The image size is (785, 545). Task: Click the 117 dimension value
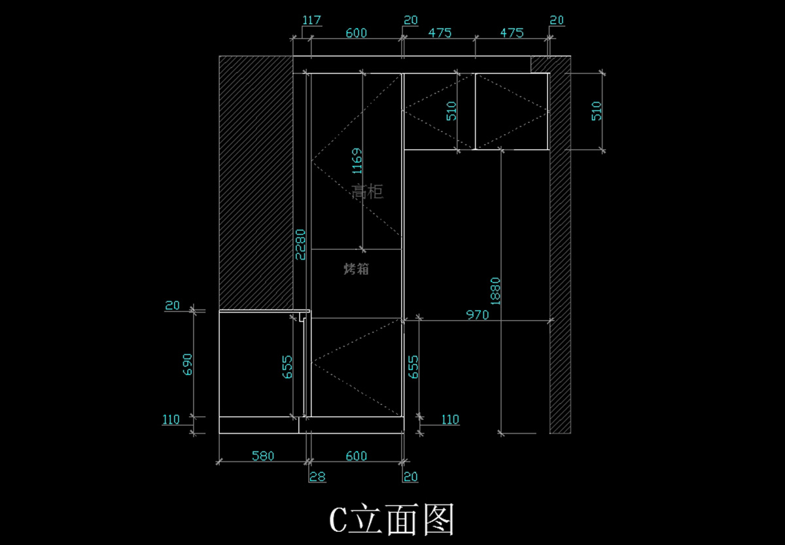pyautogui.click(x=312, y=20)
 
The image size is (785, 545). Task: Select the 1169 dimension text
pyautogui.click(x=357, y=161)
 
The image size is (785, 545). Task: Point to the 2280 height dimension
pyautogui.click(x=300, y=244)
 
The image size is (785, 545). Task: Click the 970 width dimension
pyautogui.click(x=478, y=315)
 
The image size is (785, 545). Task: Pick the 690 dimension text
pyautogui.click(x=188, y=364)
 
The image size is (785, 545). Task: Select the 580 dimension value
pyautogui.click(x=263, y=456)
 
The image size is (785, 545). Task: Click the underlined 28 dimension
pyautogui.click(x=317, y=477)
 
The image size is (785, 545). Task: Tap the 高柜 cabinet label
pyautogui.click(x=367, y=192)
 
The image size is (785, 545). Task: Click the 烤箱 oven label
pyautogui.click(x=356, y=268)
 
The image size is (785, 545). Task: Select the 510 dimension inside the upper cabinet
pyautogui.click(x=451, y=111)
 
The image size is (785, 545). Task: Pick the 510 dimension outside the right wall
pyautogui.click(x=596, y=111)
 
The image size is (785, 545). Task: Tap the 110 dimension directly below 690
pyautogui.click(x=171, y=419)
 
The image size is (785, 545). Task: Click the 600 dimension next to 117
pyautogui.click(x=356, y=33)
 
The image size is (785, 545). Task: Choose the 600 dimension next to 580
pyautogui.click(x=356, y=456)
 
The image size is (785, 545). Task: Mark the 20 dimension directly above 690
pyautogui.click(x=172, y=305)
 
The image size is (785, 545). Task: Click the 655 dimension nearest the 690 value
pyautogui.click(x=287, y=367)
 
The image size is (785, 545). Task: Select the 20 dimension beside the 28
pyautogui.click(x=410, y=477)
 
